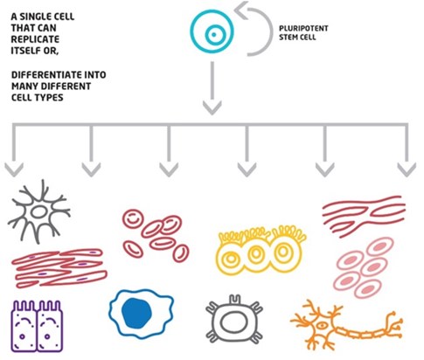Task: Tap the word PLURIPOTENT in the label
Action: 303,29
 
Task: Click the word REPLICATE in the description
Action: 35,39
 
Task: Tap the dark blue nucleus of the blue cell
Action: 136,313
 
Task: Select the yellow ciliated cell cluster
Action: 261,250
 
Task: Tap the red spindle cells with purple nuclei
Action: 59,268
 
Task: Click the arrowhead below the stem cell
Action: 212,108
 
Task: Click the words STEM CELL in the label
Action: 297,38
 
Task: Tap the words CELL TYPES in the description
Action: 38,98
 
